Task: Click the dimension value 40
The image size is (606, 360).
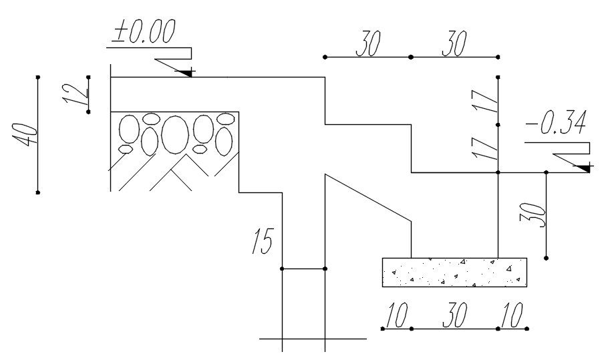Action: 21,135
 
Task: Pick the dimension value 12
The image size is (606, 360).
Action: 79,94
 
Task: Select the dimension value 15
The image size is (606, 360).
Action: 263,242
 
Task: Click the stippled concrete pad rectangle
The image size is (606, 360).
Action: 454,273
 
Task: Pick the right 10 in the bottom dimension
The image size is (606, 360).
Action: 512,316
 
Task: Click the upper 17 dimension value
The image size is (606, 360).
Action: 487,101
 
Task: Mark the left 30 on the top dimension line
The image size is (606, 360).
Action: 368,45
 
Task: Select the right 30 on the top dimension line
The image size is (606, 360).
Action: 454,45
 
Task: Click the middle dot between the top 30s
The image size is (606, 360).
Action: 410,57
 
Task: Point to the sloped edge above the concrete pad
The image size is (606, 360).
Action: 367,197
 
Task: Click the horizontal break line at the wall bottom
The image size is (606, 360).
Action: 312,339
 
